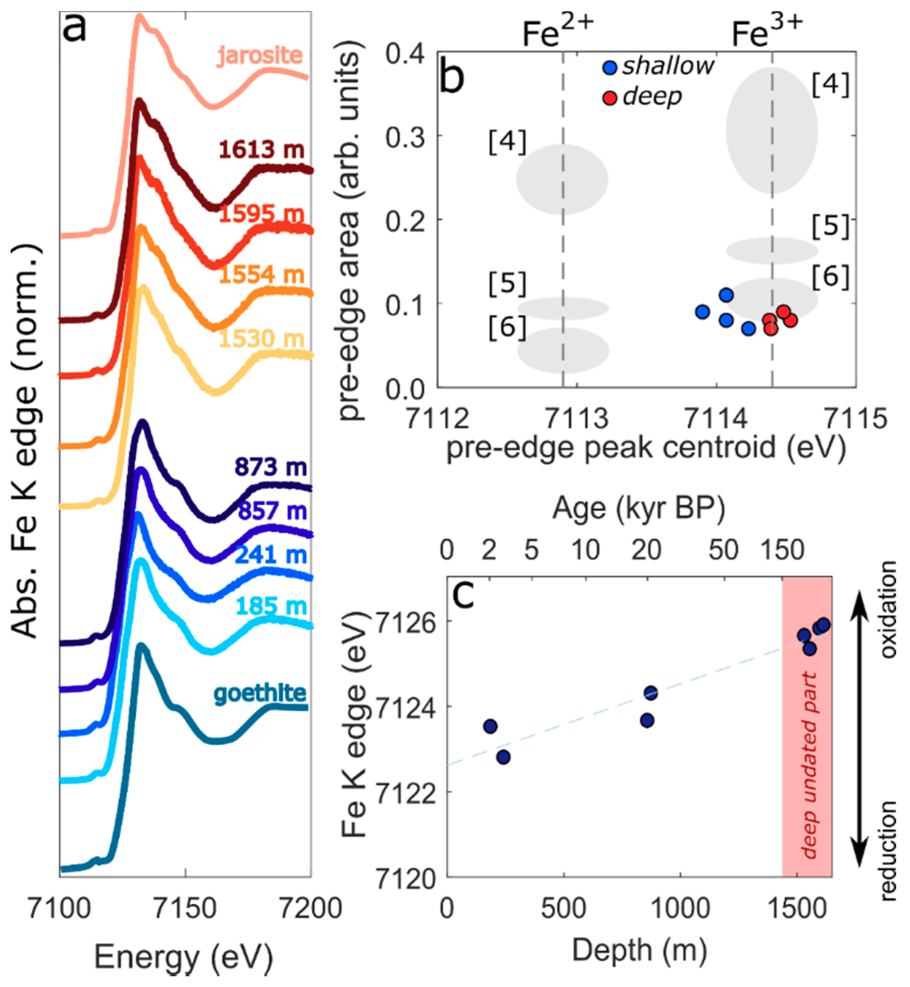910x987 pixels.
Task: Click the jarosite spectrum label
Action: [260, 55]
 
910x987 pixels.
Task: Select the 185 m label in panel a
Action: [271, 606]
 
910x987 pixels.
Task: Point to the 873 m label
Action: [270, 466]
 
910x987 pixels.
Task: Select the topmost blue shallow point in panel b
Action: [726, 295]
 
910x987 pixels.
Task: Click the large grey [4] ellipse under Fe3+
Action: [772, 130]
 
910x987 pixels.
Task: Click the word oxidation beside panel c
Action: [889, 610]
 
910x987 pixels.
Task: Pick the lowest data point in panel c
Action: [503, 757]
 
